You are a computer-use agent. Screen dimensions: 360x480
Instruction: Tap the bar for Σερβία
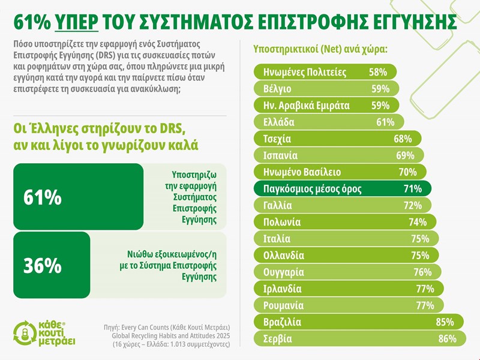pyautogui.click(x=360, y=339)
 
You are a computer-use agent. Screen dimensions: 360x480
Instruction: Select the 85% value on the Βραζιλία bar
pyautogui.click(x=445, y=323)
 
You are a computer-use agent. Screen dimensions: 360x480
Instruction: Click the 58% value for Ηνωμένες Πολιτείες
pyautogui.click(x=378, y=73)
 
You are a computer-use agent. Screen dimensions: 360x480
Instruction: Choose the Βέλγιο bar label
pyautogui.click(x=277, y=89)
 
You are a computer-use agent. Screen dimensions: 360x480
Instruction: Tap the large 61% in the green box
pyautogui.click(x=43, y=196)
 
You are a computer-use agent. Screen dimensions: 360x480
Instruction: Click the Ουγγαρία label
pyautogui.click(x=284, y=272)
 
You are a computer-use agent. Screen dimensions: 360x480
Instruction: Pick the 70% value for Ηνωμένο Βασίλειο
pyautogui.click(x=407, y=172)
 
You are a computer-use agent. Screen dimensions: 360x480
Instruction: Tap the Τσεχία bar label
pyautogui.click(x=277, y=139)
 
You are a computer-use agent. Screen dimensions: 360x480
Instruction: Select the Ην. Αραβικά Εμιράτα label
pyautogui.click(x=307, y=106)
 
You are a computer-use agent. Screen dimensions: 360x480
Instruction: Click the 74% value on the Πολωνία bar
pyautogui.click(x=418, y=223)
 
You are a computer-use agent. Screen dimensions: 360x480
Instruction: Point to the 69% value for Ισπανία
pyautogui.click(x=405, y=156)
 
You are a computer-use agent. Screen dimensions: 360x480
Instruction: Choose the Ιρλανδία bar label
pyautogui.click(x=283, y=289)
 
